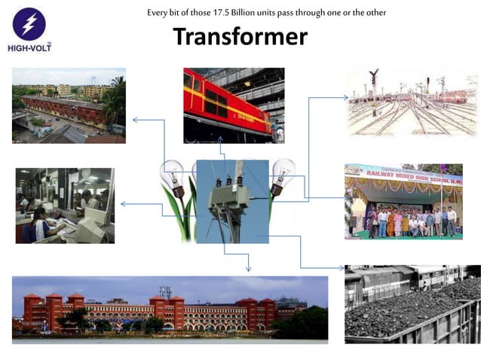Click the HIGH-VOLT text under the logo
tap(31, 47)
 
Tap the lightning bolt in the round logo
tap(30, 23)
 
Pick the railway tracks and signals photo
tap(412, 101)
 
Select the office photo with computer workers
tap(65, 205)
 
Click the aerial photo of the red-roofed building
tap(68, 105)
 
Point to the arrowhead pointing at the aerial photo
tap(135, 119)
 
